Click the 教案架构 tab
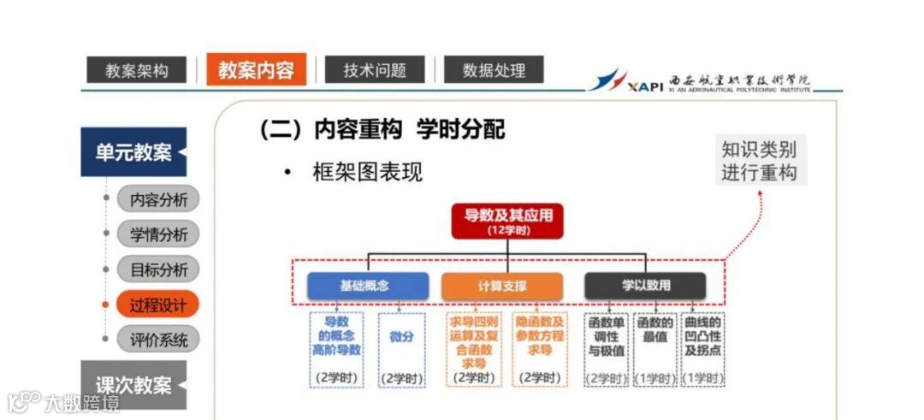click(x=136, y=70)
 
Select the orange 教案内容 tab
click(x=256, y=69)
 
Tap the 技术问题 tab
click(x=375, y=70)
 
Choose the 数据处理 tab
click(x=494, y=70)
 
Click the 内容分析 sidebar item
click(x=158, y=199)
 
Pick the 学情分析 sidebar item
click(x=158, y=234)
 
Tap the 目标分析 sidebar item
click(x=158, y=269)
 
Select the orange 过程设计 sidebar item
click(x=158, y=304)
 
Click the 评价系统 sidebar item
click(x=158, y=339)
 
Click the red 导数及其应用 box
click(x=508, y=221)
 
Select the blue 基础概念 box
click(x=368, y=286)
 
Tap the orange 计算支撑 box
click(x=502, y=286)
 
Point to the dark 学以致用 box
click(x=646, y=286)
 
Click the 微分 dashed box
click(x=401, y=349)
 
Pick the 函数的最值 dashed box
click(x=655, y=349)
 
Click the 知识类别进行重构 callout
click(x=758, y=160)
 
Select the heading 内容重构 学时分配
click(x=382, y=129)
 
